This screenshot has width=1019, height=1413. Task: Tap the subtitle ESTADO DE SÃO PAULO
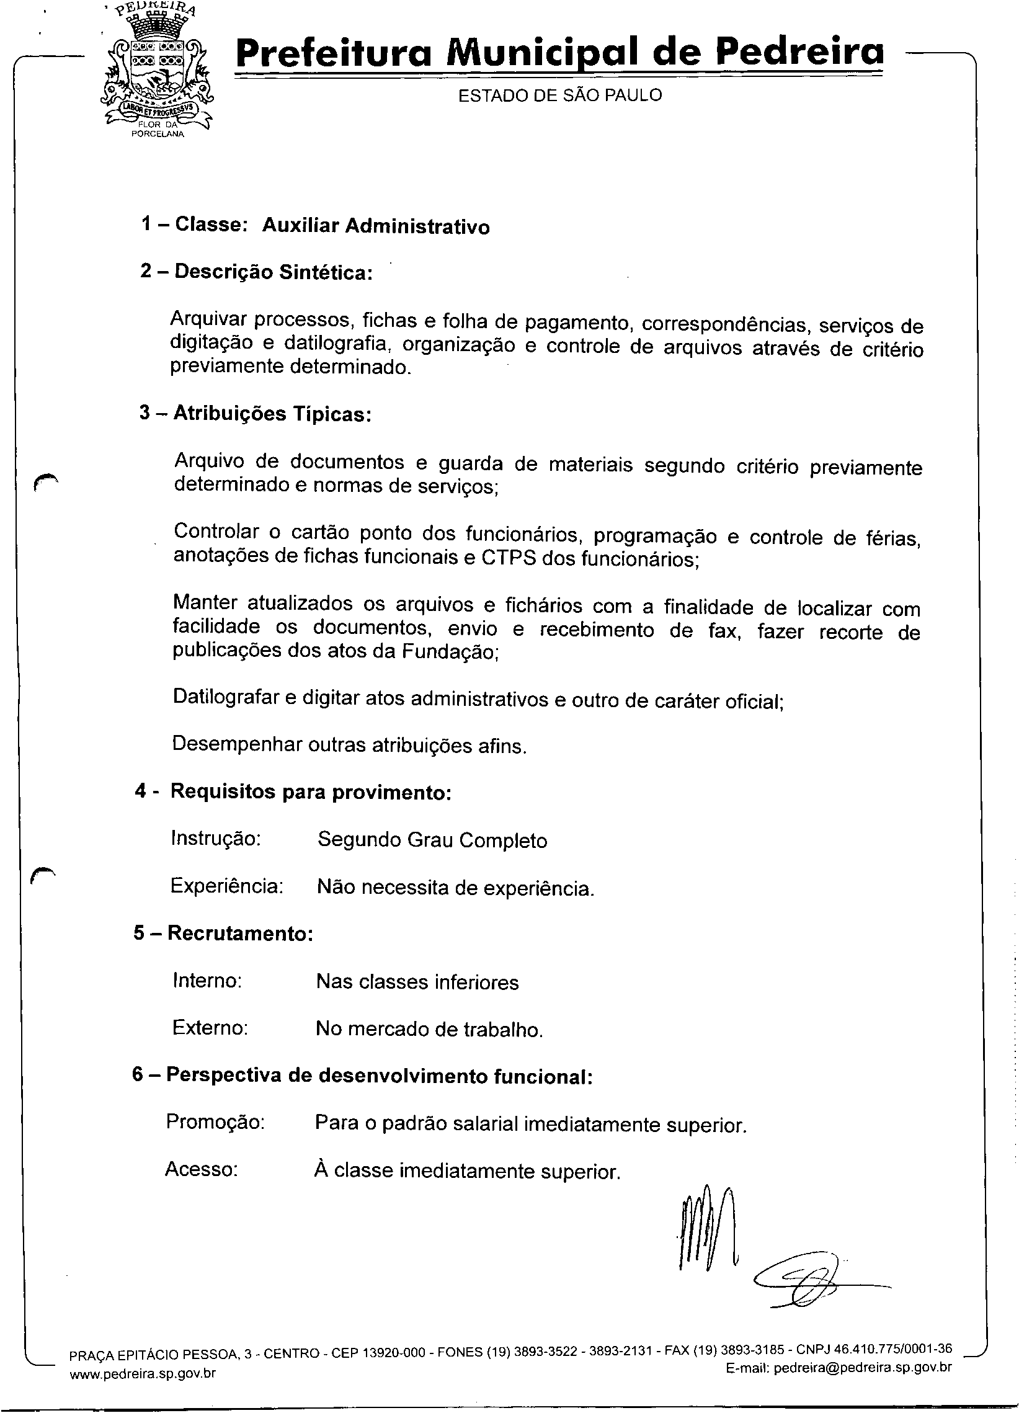click(560, 96)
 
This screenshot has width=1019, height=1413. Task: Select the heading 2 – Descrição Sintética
click(256, 272)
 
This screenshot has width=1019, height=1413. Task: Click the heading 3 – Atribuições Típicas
click(256, 413)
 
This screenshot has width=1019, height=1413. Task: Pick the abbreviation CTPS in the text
click(508, 558)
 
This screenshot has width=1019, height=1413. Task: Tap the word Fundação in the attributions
click(448, 652)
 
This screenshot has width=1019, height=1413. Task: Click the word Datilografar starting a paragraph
click(226, 697)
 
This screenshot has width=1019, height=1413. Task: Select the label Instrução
click(215, 838)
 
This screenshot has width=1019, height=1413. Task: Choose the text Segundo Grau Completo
click(432, 840)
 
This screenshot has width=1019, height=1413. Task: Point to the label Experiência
click(227, 885)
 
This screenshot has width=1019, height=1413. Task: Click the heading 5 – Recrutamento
click(223, 933)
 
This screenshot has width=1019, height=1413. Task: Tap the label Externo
click(210, 1027)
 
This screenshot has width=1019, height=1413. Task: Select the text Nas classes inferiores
click(417, 982)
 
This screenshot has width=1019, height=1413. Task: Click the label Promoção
click(215, 1121)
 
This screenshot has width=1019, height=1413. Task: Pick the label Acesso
click(201, 1169)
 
